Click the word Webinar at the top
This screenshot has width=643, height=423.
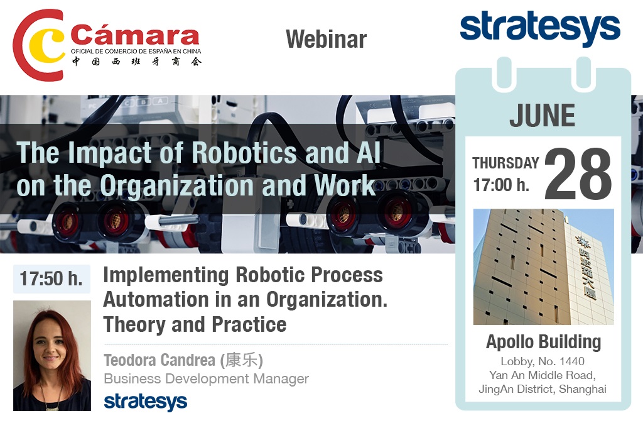point(327,40)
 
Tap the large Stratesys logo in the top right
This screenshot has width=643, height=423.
point(540,28)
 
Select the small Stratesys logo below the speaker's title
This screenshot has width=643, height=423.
point(146,402)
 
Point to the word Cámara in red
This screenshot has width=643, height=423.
point(136,35)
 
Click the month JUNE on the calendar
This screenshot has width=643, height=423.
point(542,115)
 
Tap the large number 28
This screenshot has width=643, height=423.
point(578,173)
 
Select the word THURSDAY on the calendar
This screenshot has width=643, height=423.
point(505,163)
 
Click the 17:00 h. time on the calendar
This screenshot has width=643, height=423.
point(501,185)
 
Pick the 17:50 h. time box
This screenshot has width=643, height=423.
point(51,278)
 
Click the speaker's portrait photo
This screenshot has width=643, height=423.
point(52,356)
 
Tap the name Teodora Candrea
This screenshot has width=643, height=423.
point(159,360)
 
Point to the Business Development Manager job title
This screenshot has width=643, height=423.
point(206,378)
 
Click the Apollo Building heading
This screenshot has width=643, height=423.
point(543,342)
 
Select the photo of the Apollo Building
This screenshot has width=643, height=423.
point(543,266)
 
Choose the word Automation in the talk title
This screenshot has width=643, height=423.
point(156,300)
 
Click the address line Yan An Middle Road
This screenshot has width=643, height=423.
point(542,375)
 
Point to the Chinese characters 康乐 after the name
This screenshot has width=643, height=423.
point(241,360)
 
